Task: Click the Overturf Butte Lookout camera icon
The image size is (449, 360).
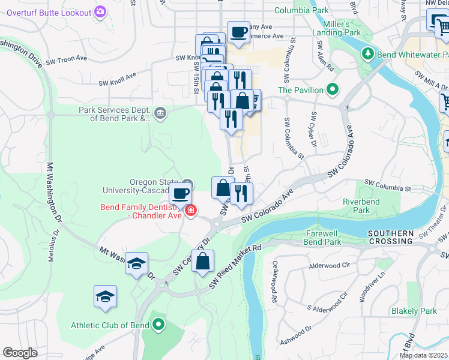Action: pos(100,12)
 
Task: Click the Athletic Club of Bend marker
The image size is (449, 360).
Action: pos(158,325)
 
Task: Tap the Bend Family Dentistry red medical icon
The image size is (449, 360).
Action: pos(191,211)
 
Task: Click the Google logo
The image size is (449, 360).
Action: pos(20,353)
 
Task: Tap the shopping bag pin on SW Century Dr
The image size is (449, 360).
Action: pos(203,260)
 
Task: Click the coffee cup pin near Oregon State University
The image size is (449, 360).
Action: pos(180,193)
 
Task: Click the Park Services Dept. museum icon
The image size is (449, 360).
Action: pos(160,113)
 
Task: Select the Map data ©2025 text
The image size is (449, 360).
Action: pos(423,355)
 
